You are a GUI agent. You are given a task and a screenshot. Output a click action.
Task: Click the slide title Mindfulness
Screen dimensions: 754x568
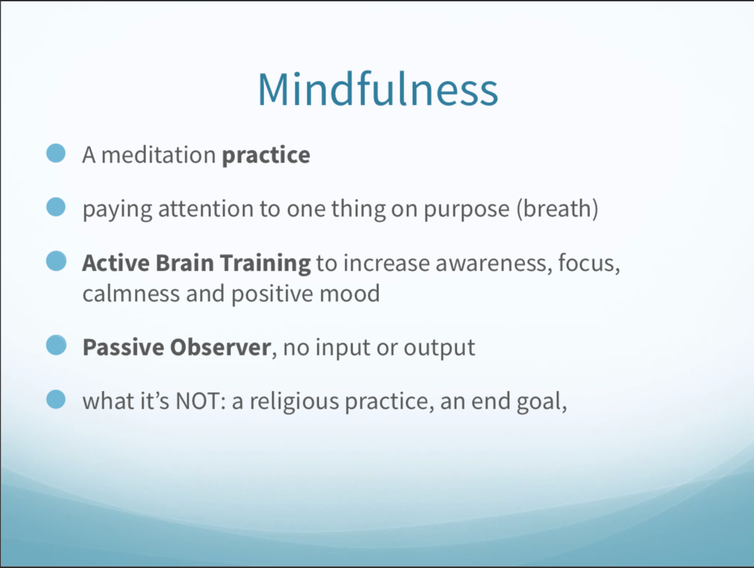coord(378,90)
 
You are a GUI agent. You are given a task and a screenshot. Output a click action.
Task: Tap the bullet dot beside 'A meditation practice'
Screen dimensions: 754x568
coord(56,153)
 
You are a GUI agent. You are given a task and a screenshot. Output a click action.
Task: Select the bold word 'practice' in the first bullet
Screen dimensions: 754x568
coord(266,156)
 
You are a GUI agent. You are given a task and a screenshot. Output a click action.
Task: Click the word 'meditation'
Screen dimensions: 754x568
coord(158,155)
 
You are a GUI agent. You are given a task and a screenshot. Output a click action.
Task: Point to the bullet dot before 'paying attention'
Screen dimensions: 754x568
coord(56,207)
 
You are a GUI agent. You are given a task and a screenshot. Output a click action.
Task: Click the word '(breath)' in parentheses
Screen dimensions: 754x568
coord(558,209)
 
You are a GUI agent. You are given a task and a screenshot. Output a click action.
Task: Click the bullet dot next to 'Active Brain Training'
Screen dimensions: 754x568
coord(56,261)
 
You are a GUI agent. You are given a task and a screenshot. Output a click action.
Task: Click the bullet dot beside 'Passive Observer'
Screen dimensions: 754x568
coord(56,345)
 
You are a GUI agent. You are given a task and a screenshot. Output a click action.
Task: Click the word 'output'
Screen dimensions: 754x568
coord(439,348)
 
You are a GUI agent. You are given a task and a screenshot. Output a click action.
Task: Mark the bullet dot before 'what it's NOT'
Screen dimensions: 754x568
coord(56,399)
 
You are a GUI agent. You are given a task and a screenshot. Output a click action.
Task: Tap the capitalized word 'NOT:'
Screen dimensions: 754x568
coord(201,401)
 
